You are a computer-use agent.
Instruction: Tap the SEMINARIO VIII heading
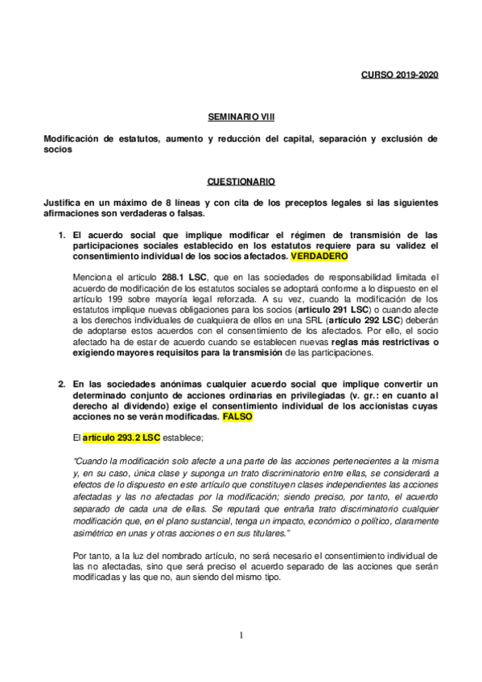pos(241,117)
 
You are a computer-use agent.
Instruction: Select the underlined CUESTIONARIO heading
pos(241,182)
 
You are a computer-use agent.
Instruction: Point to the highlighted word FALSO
pos(237,418)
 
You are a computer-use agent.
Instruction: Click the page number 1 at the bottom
pos(241,635)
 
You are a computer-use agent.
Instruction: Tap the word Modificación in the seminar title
pos(71,138)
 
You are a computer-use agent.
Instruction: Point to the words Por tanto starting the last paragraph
pos(90,556)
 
